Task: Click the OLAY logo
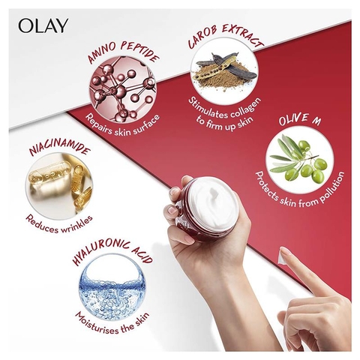click(43, 25)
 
